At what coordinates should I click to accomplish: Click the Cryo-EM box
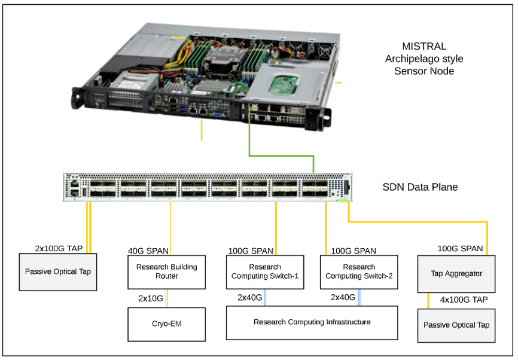pyautogui.click(x=166, y=324)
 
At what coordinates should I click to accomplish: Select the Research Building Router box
pyautogui.click(x=166, y=271)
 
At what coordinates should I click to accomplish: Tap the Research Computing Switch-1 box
pyautogui.click(x=264, y=271)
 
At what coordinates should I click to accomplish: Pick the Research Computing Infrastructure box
pyautogui.click(x=312, y=322)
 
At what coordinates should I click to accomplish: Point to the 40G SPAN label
pyautogui.click(x=148, y=251)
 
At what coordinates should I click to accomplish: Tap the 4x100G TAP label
pyautogui.click(x=464, y=299)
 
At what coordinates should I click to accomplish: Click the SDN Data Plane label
pyautogui.click(x=420, y=187)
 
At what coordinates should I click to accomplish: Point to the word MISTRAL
pyautogui.click(x=424, y=47)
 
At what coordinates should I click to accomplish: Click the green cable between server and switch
pyautogui.click(x=281, y=157)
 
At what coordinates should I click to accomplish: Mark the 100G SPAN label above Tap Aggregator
pyautogui.click(x=460, y=248)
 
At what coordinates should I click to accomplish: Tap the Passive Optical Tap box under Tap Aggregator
pyautogui.click(x=456, y=325)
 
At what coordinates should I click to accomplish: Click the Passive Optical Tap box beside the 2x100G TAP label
pyautogui.click(x=58, y=271)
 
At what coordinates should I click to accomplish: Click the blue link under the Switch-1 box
pyautogui.click(x=265, y=297)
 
